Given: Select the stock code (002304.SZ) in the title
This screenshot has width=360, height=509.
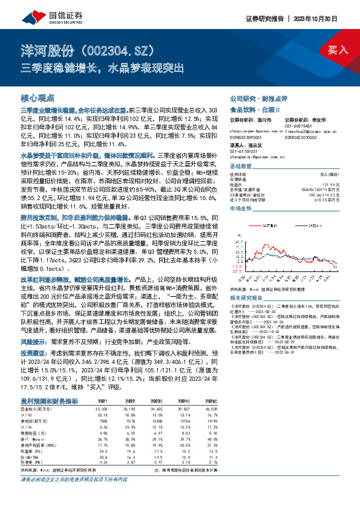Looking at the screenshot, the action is pos(114,50).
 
